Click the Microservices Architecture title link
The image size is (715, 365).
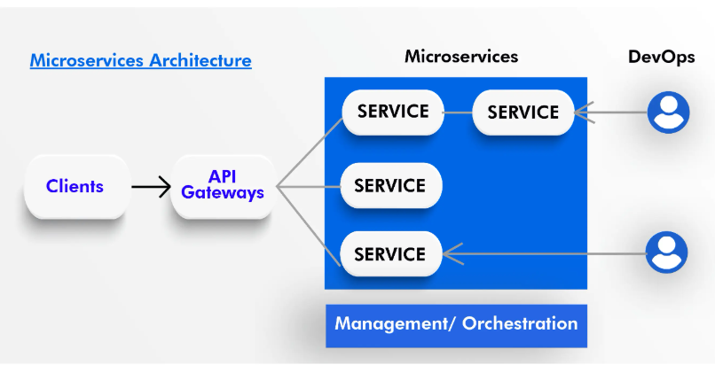pyautogui.click(x=140, y=60)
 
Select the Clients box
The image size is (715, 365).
pyautogui.click(x=76, y=187)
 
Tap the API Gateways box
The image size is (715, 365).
pyautogui.click(x=223, y=187)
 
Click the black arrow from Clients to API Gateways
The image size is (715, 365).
pyautogui.click(x=151, y=187)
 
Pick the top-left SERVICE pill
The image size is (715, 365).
pyautogui.click(x=393, y=112)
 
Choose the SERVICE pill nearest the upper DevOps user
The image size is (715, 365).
pyautogui.click(x=523, y=113)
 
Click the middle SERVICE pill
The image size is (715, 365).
pyautogui.click(x=391, y=185)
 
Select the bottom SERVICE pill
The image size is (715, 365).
pyautogui.click(x=391, y=253)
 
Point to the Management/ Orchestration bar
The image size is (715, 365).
pyautogui.click(x=456, y=326)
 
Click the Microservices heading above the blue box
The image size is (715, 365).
pyautogui.click(x=461, y=57)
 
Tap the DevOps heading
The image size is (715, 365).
pyautogui.click(x=661, y=57)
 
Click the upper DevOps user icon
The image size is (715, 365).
pyautogui.click(x=669, y=113)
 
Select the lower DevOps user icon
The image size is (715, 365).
pyautogui.click(x=667, y=252)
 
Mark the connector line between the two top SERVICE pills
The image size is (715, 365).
pyautogui.click(x=458, y=113)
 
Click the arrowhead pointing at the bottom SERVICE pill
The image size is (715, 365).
pyautogui.click(x=452, y=253)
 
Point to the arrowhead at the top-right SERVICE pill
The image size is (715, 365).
pyautogui.click(x=584, y=113)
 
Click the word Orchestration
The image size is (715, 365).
pyautogui.click(x=520, y=323)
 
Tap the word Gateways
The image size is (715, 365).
pyautogui.click(x=223, y=192)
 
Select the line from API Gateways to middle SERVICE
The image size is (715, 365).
pyautogui.click(x=309, y=187)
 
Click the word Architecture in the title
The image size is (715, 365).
pyautogui.click(x=200, y=60)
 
